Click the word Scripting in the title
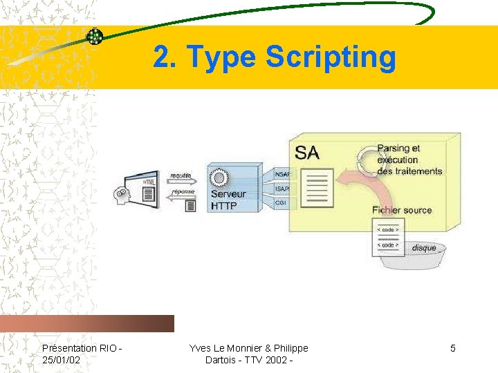(x=331, y=57)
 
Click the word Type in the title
(x=221, y=57)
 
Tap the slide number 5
(x=453, y=348)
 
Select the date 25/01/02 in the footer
(x=61, y=360)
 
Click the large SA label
(x=307, y=152)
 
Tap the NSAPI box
(x=282, y=173)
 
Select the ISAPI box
(x=282, y=188)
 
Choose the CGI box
(x=281, y=203)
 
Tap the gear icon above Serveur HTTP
(x=219, y=178)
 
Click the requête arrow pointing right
(x=181, y=178)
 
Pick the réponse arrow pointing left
(x=181, y=195)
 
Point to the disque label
(x=424, y=247)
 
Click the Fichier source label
(x=401, y=210)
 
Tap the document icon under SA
(x=317, y=187)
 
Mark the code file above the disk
(x=387, y=237)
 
